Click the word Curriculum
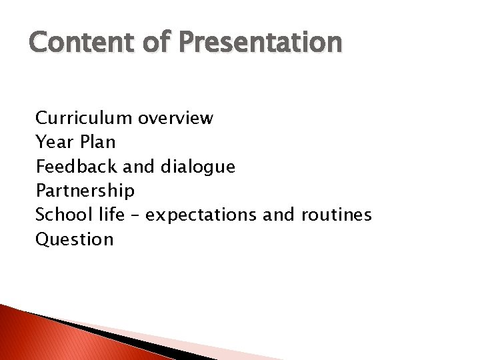(85, 118)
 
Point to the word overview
(176, 118)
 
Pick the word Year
(53, 142)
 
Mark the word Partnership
(85, 191)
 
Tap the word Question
(75, 239)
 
